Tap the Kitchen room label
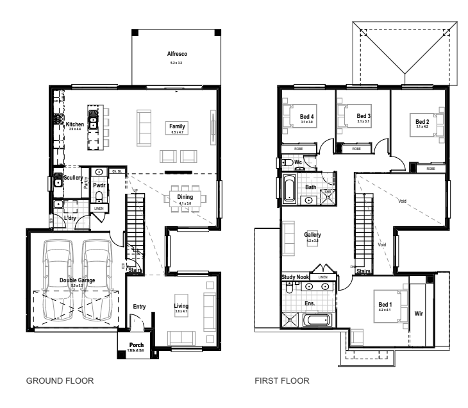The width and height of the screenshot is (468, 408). (x=75, y=124)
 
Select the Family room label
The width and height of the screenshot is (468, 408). (x=177, y=126)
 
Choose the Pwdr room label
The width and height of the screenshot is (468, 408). (x=99, y=185)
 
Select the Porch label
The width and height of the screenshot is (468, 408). (x=137, y=344)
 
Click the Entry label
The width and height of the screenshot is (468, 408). (x=140, y=307)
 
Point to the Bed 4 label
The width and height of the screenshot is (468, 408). (x=306, y=116)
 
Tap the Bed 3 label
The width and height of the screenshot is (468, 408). (x=364, y=116)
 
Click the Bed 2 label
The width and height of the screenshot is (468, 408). (x=422, y=121)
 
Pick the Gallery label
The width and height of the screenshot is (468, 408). (x=312, y=235)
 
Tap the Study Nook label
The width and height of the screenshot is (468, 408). (x=296, y=277)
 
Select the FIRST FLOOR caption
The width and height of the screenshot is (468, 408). (x=282, y=380)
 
